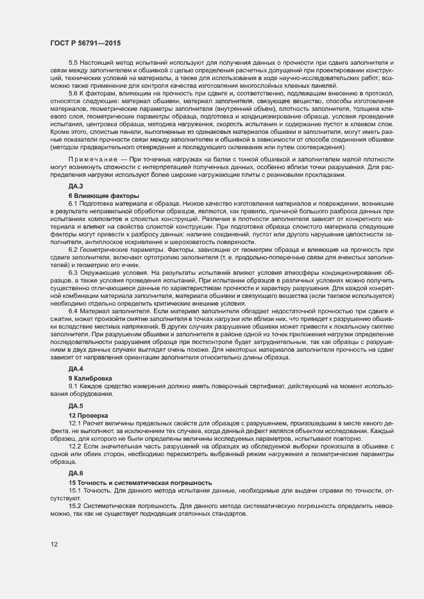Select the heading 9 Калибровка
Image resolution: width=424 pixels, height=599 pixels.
coord(94,378)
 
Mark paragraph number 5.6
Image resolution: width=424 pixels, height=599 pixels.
coord(72,94)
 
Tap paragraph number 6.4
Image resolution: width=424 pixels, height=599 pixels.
coord(72,311)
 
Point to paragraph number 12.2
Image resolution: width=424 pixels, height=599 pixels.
coord(74,446)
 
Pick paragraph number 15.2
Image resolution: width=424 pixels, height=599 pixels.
coord(74,505)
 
